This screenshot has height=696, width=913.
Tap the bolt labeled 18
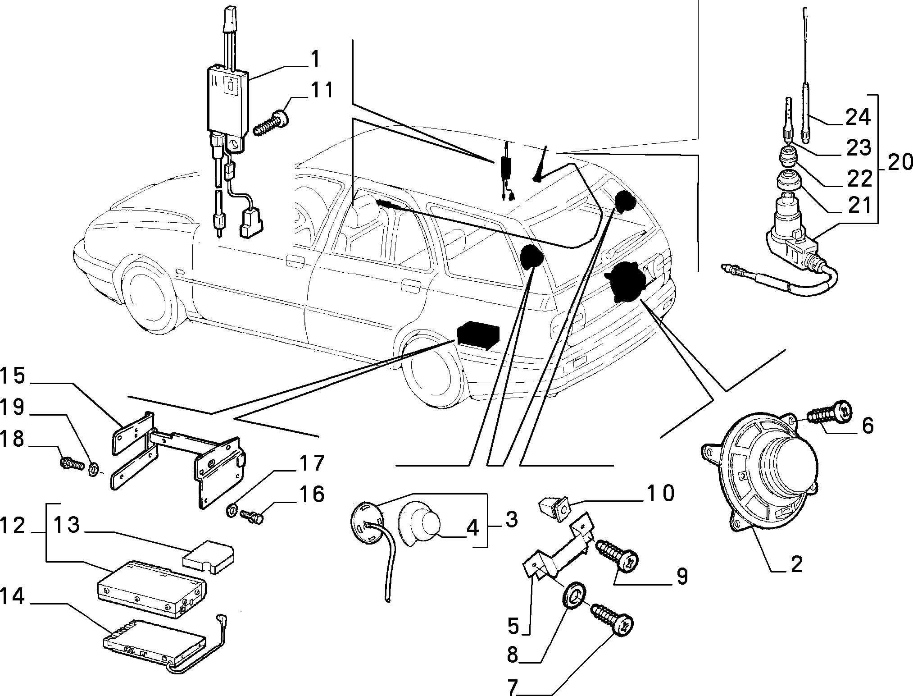pos(72,462)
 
